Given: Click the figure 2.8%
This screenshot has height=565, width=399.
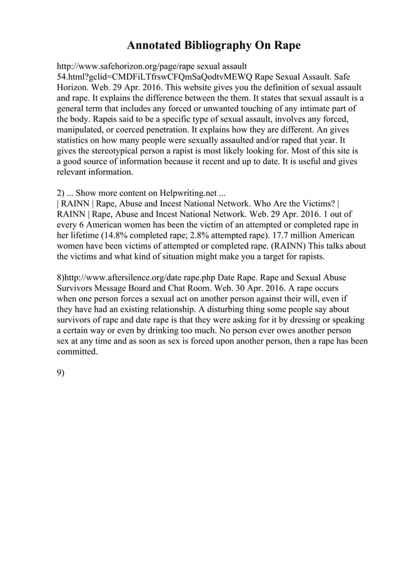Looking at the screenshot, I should click(x=241, y=235).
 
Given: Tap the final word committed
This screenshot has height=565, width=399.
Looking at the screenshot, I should click(x=78, y=352).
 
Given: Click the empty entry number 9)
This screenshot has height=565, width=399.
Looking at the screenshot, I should click(x=61, y=374).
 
